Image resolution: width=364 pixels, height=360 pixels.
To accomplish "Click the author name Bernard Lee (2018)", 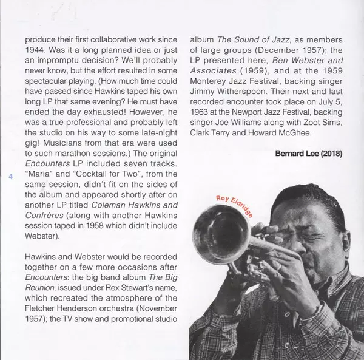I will pyautogui.click(x=308, y=153).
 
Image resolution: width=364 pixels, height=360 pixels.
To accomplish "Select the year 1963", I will pyautogui.click(x=201, y=119).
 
